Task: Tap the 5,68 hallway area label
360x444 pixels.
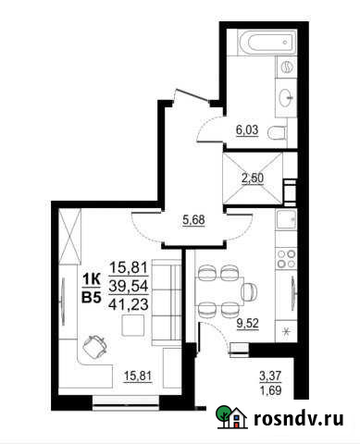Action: (x=192, y=220)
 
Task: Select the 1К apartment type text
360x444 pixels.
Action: (x=92, y=279)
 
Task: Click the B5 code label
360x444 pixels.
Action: (x=92, y=297)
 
